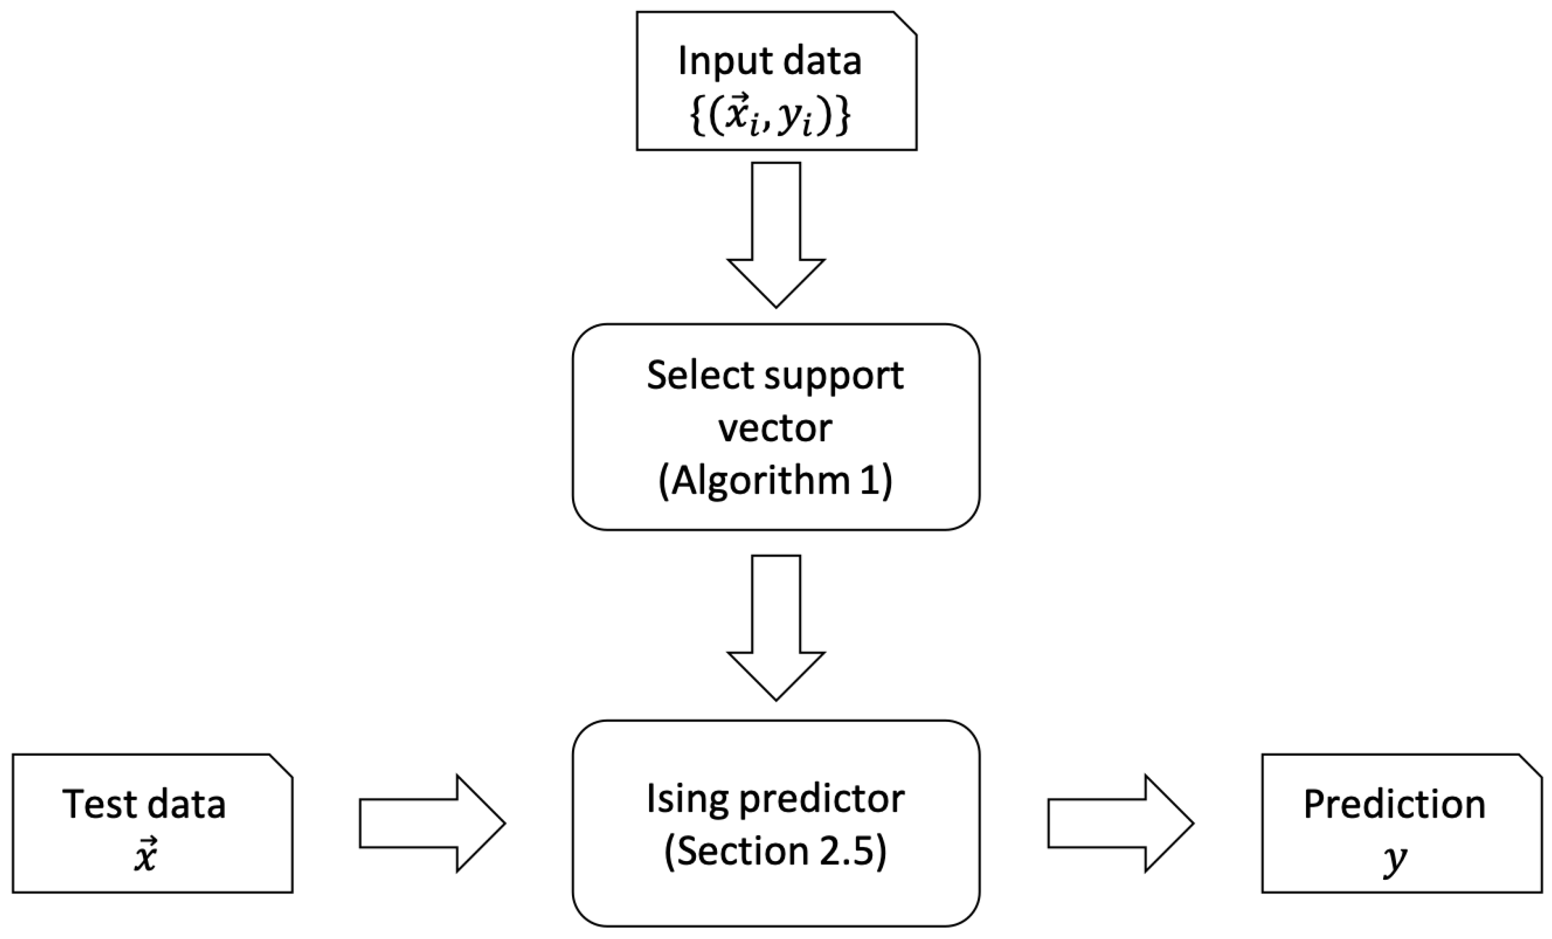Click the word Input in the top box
(x=715, y=62)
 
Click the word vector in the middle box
(x=775, y=429)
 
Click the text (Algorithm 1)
(x=775, y=482)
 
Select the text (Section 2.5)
(x=775, y=851)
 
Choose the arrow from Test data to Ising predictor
(x=432, y=823)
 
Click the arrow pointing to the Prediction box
(x=1120, y=823)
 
